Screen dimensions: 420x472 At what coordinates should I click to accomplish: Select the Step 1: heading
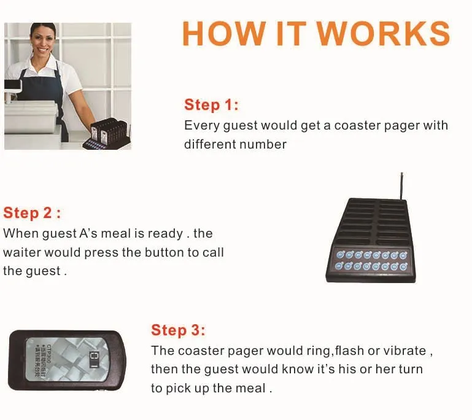(x=211, y=104)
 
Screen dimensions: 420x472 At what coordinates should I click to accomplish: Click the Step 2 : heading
(x=32, y=213)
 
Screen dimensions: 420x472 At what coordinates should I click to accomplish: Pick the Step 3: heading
(x=178, y=330)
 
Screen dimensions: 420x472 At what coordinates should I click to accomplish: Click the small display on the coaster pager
(x=93, y=358)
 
